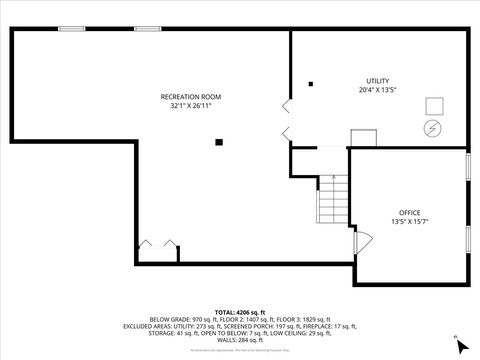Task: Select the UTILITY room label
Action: [377, 81]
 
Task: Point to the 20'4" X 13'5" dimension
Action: [377, 90]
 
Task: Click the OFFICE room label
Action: [410, 212]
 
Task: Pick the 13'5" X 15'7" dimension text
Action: [410, 221]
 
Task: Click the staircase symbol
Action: [334, 200]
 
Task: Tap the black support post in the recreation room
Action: [219, 142]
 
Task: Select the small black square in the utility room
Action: [311, 84]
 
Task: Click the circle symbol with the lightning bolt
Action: [433, 128]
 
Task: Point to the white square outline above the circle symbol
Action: [434, 106]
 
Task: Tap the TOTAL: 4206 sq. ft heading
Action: [240, 311]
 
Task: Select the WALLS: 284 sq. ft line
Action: [240, 340]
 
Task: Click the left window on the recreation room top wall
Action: [71, 29]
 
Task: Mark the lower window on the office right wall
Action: [468, 240]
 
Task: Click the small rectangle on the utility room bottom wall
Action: [362, 139]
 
